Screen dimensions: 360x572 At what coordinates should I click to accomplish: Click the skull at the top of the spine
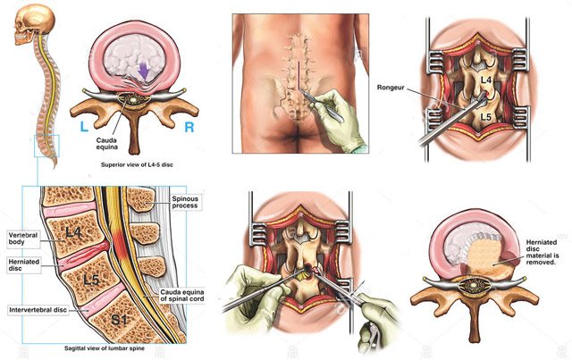29,27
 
